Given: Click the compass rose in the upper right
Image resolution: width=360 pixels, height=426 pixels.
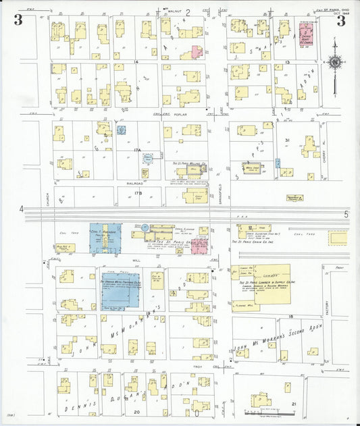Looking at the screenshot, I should tap(334, 63).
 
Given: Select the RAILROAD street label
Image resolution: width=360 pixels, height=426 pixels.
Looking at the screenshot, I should tap(134, 183).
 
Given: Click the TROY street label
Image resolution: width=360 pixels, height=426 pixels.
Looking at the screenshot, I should tap(197, 367).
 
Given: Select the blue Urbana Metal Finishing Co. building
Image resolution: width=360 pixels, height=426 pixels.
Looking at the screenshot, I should tap(120, 291).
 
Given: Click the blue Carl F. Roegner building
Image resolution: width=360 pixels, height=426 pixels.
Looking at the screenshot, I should tap(105, 238).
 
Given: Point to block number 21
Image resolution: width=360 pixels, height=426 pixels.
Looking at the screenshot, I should tap(293, 404).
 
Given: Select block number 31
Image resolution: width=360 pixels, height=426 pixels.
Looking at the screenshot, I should tap(287, 140).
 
